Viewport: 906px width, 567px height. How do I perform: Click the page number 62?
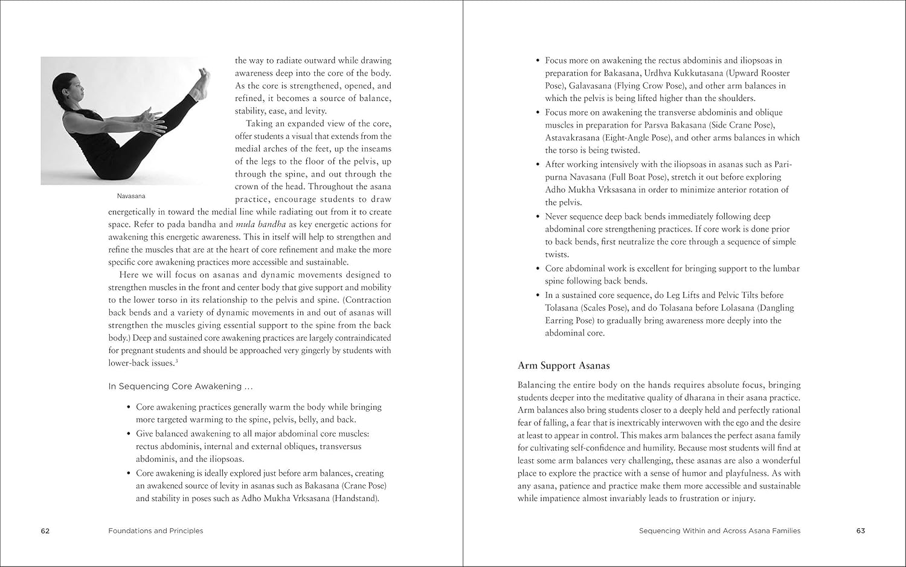click(x=45, y=531)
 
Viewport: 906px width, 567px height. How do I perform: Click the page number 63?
click(x=861, y=531)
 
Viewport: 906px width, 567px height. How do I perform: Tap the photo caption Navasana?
click(x=131, y=196)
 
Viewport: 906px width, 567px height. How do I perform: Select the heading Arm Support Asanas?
click(x=564, y=366)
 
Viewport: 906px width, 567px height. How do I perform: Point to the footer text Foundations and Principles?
click(x=156, y=531)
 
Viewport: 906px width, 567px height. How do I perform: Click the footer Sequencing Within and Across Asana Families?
click(x=719, y=531)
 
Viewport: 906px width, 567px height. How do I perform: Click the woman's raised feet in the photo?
click(x=200, y=83)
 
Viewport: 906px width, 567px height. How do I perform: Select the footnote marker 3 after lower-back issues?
click(x=176, y=361)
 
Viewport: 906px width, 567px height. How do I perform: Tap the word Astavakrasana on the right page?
click(x=573, y=138)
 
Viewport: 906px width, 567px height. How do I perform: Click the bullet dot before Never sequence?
click(x=538, y=216)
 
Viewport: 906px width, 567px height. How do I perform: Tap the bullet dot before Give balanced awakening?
click(x=129, y=433)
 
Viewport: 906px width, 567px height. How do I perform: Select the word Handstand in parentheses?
click(x=356, y=499)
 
